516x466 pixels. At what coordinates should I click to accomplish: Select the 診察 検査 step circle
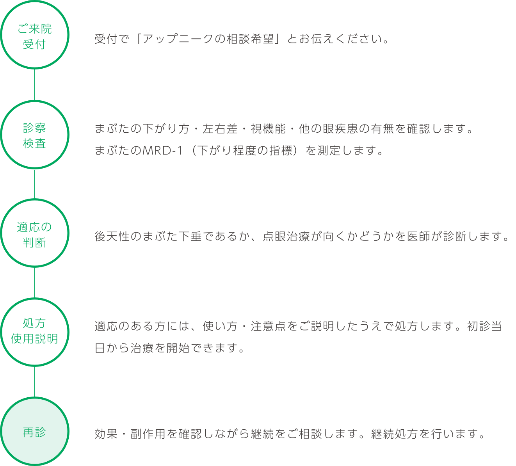click(35, 101)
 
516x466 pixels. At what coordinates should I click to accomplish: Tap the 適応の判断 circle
click(35, 200)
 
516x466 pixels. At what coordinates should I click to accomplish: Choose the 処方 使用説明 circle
click(35, 299)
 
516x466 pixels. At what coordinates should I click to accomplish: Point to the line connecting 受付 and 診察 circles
click(35, 85)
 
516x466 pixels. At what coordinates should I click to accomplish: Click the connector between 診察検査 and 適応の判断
click(35, 184)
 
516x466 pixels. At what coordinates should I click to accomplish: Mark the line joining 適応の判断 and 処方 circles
click(35, 283)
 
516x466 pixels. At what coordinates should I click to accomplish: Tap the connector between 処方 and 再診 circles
click(35, 382)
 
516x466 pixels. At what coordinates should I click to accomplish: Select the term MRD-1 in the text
click(162, 151)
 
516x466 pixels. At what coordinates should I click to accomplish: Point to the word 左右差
click(220, 129)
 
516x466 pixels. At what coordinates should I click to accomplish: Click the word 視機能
click(268, 129)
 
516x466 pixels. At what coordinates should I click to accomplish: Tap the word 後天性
click(112, 236)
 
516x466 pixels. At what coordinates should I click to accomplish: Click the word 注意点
click(268, 326)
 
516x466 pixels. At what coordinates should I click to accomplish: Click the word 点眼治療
click(286, 236)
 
